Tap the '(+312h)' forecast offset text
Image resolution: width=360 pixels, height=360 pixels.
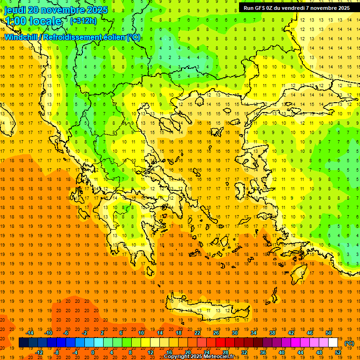[83, 21]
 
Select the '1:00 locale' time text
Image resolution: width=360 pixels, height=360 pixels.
[33, 21]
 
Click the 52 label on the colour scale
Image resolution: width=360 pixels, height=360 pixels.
[338, 352]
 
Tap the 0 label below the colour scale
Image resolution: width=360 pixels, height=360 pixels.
[92, 352]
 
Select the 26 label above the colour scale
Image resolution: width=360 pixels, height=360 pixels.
[216, 333]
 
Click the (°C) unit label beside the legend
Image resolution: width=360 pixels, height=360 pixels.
[349, 343]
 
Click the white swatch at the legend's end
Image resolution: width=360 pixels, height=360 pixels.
[333, 343]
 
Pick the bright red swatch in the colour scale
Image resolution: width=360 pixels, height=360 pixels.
[221, 343]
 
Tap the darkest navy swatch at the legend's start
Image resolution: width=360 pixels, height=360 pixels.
[23, 343]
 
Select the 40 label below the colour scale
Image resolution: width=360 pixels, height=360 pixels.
[282, 352]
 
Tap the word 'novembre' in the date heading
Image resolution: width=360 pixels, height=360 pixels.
[63, 10]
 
